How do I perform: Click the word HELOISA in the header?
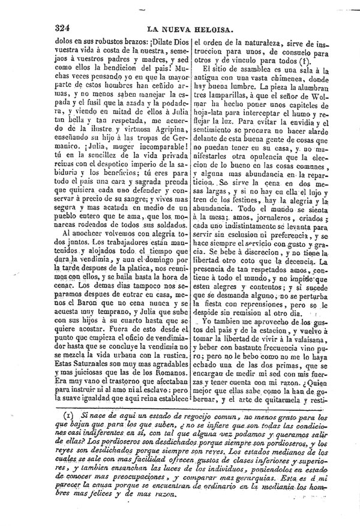tap(224, 28)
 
